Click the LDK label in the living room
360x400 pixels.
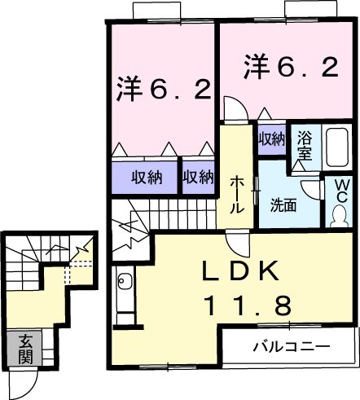click(242, 271)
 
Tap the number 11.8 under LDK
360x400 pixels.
click(246, 305)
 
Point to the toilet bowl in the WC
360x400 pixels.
click(338, 217)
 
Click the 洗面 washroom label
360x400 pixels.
click(283, 205)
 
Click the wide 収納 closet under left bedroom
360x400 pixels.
click(143, 176)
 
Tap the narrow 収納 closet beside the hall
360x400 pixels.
click(197, 176)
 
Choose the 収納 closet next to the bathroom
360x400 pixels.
click(271, 138)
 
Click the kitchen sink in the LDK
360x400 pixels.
click(125, 284)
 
